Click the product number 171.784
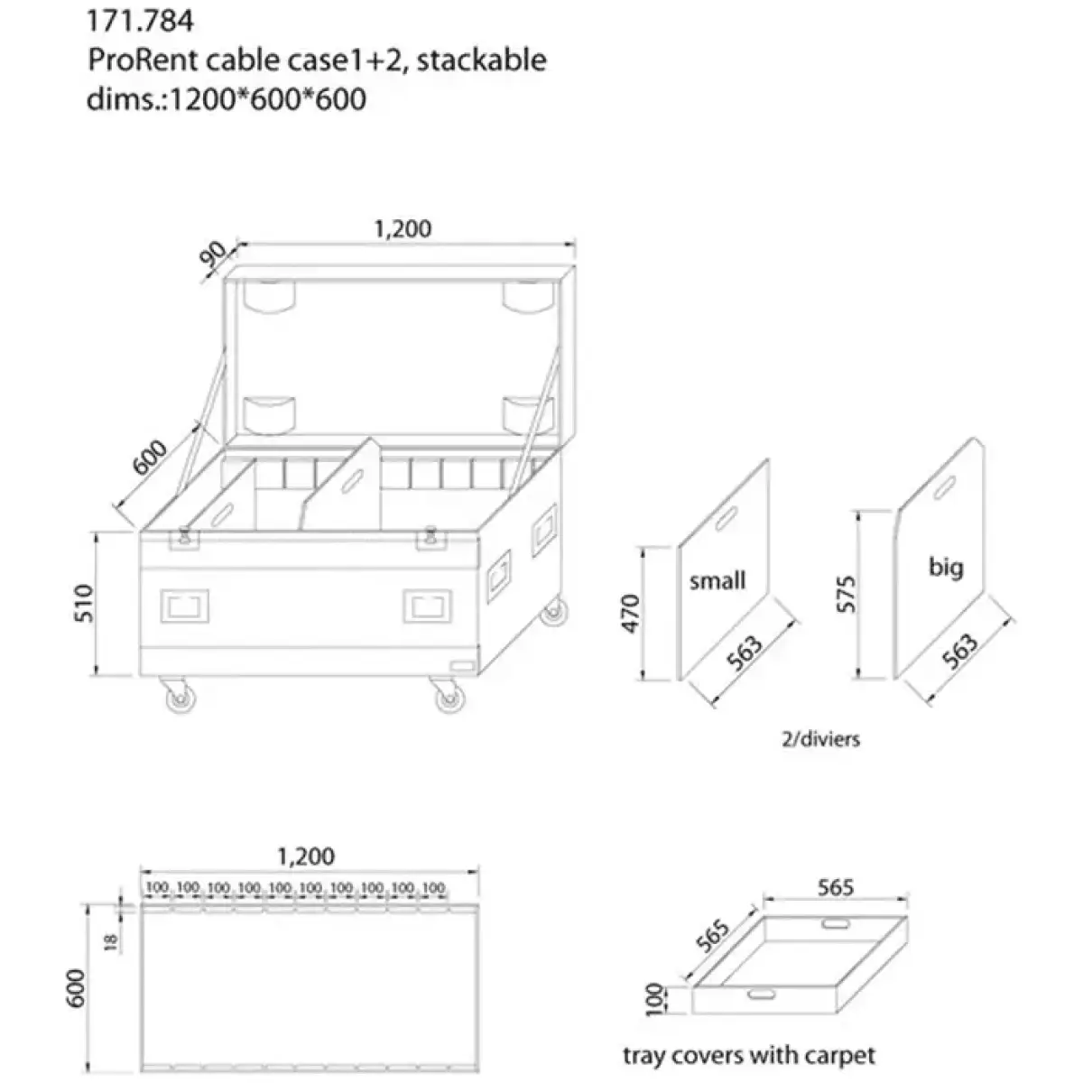127,20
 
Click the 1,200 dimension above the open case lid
403,228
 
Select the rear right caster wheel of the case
551,613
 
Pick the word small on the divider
717,580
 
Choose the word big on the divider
945,567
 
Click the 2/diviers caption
820,739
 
